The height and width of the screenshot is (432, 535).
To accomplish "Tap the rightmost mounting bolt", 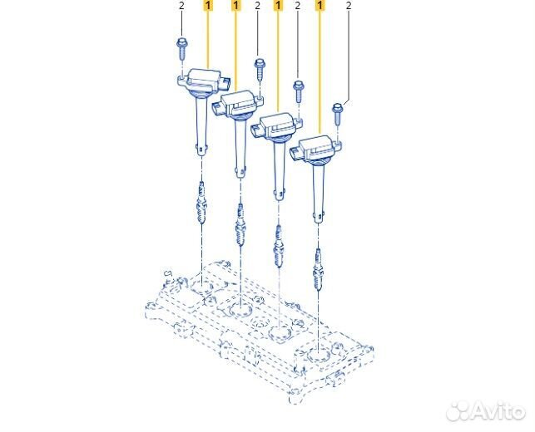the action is click(x=337, y=113).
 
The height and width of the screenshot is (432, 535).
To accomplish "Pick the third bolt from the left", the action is click(x=299, y=91).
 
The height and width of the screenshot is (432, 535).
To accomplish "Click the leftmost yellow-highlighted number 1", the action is click(x=208, y=6).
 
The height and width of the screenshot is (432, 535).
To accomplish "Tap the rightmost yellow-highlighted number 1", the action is click(x=320, y=6).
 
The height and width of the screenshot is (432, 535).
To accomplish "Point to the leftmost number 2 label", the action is click(x=181, y=6).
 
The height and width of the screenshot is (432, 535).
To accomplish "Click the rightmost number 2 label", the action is click(x=349, y=6).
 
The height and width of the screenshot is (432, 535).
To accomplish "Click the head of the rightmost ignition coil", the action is click(x=316, y=149).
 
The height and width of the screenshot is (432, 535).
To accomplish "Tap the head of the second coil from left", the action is click(x=239, y=104).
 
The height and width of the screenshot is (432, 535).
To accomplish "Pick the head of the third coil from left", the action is click(x=277, y=126).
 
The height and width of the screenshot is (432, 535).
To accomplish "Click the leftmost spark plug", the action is click(x=202, y=204).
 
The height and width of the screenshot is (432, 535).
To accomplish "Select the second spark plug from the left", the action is click(x=240, y=225).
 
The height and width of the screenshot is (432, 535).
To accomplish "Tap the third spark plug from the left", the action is click(x=279, y=247).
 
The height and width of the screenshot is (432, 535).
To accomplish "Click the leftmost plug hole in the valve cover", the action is click(x=202, y=287).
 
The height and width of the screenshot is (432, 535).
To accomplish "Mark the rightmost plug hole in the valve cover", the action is click(x=319, y=356).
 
